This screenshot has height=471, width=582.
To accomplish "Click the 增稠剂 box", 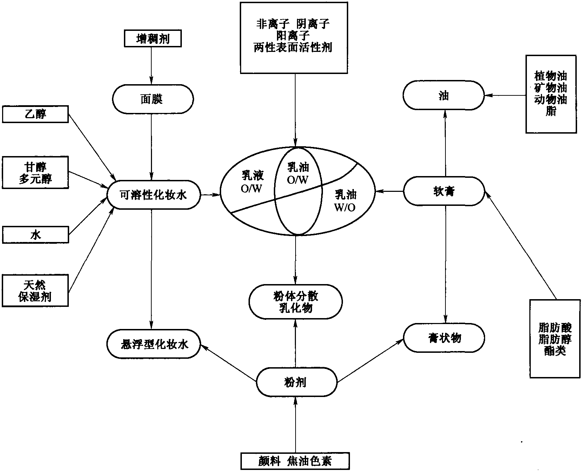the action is [x=153, y=39].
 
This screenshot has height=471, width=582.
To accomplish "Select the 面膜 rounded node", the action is [x=153, y=99].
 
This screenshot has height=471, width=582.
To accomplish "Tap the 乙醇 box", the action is [x=35, y=114].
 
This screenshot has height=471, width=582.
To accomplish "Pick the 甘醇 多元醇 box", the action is [x=35, y=173].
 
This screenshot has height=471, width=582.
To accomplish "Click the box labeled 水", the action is [x=35, y=235].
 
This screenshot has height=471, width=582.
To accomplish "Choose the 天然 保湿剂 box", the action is [x=35, y=291].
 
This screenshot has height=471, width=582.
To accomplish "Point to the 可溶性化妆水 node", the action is [x=153, y=195].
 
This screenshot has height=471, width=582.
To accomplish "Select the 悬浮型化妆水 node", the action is [x=153, y=344].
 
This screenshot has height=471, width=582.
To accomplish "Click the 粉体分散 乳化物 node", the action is [x=296, y=302].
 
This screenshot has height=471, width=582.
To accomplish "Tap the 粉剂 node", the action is [x=297, y=382].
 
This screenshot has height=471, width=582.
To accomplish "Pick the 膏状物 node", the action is [x=444, y=338].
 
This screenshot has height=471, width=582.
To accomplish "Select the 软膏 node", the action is [x=444, y=191].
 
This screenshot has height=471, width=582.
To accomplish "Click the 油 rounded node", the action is [x=444, y=95].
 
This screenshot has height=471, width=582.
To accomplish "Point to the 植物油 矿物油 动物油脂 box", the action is [x=551, y=94].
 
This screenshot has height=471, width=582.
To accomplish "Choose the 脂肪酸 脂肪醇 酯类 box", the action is [x=555, y=338].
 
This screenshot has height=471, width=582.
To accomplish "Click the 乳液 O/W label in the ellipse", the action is [x=252, y=182].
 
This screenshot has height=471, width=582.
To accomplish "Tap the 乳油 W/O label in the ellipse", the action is [x=345, y=201].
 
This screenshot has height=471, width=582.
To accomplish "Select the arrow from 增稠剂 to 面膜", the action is [x=152, y=66].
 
